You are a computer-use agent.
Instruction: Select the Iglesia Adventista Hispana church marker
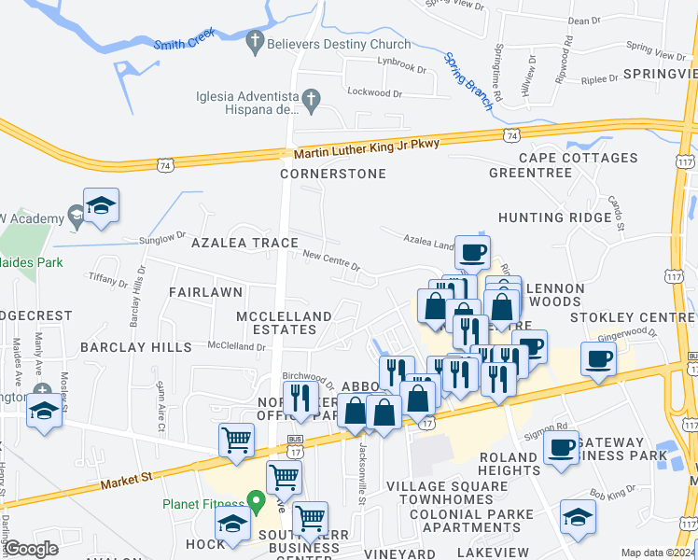pos(313,97)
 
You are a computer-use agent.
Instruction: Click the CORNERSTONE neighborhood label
pos(333,175)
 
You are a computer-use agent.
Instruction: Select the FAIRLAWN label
pos(206,292)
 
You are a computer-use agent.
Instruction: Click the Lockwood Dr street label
pos(373,93)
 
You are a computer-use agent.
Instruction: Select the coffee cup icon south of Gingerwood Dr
pos(597,358)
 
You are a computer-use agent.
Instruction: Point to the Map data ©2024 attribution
pos(657,553)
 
